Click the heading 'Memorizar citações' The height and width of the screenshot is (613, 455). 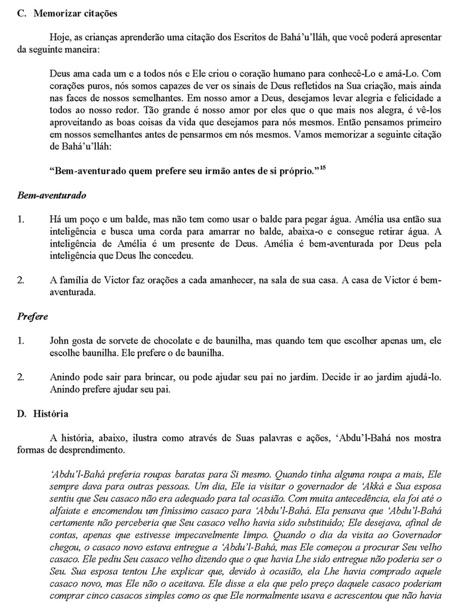pyautogui.click(x=75, y=13)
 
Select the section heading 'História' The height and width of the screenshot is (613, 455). pyautogui.click(x=51, y=414)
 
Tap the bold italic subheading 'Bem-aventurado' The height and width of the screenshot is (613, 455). pyautogui.click(x=51, y=195)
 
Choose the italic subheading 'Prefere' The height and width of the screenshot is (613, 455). pyautogui.click(x=32, y=316)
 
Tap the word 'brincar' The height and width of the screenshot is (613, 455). pyautogui.click(x=157, y=377)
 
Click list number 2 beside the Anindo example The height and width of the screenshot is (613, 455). pyautogui.click(x=20, y=377)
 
